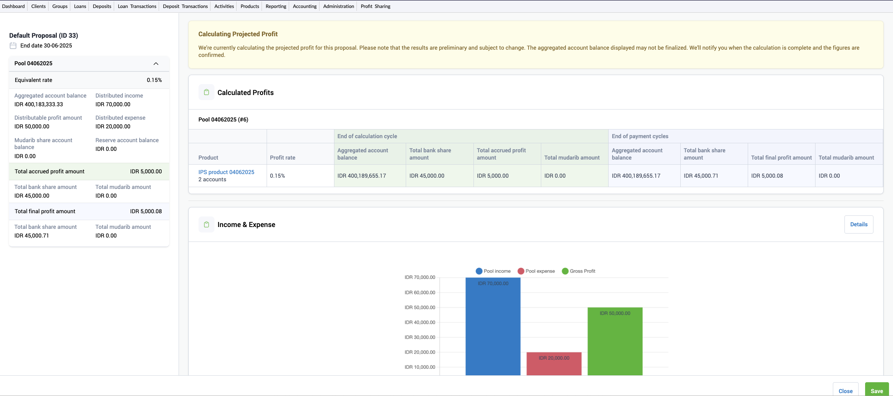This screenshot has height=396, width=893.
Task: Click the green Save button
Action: click(877, 390)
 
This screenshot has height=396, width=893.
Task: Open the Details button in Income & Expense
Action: click(859, 224)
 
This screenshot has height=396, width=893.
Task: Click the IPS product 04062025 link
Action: click(226, 172)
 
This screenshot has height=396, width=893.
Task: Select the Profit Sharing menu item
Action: click(375, 6)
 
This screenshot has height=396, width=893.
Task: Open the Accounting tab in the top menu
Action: click(304, 6)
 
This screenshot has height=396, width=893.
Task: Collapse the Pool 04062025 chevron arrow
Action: click(156, 63)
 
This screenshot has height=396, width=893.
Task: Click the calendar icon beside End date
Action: click(13, 46)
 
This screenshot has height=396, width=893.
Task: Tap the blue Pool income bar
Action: click(493, 326)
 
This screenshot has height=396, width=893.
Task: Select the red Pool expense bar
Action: click(554, 364)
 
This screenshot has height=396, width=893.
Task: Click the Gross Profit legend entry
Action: click(579, 271)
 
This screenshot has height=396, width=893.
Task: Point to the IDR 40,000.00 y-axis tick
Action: click(420, 322)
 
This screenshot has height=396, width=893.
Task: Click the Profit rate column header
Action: click(282, 158)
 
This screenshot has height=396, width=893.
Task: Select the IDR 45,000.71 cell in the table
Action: click(701, 176)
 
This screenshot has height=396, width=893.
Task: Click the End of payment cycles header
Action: click(640, 136)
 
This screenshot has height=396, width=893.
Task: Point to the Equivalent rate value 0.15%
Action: click(154, 80)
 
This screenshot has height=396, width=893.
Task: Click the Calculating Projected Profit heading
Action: click(238, 34)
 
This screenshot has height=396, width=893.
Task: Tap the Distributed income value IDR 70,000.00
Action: click(113, 104)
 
